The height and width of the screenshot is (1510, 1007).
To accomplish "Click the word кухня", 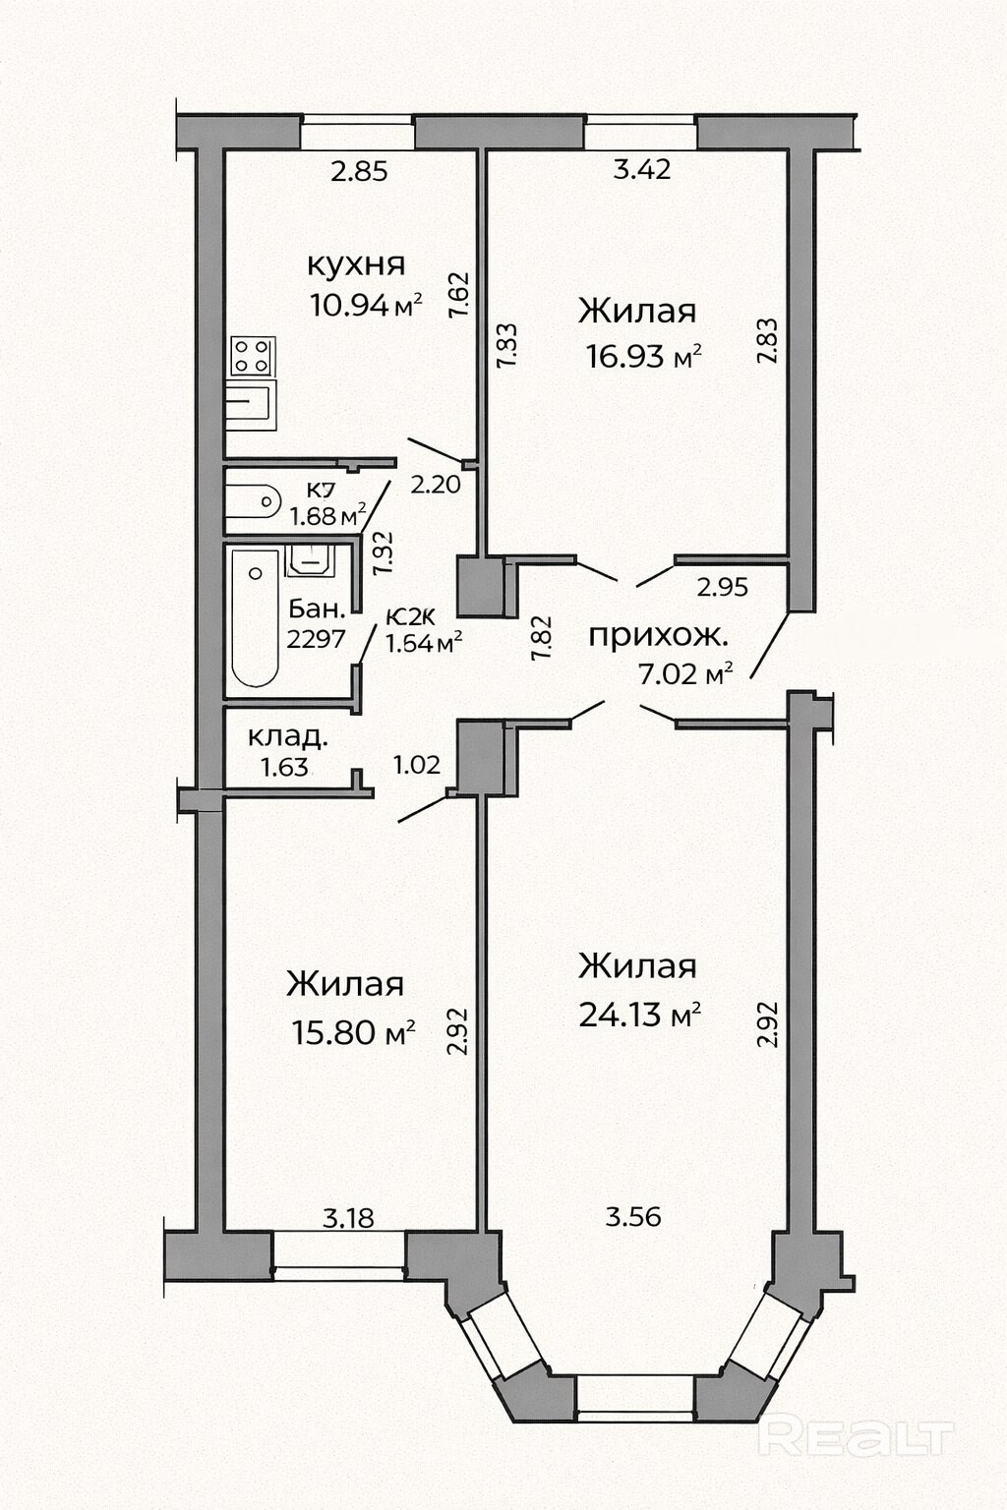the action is [x=356, y=264].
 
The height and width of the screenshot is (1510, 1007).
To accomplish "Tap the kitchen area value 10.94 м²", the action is [x=366, y=305].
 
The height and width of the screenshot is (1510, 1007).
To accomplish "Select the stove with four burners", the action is [x=253, y=356].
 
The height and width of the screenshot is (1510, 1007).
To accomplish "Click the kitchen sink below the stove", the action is [x=250, y=404].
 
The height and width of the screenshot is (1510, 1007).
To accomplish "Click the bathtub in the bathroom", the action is [x=255, y=617].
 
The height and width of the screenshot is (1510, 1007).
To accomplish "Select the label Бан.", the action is [x=317, y=610].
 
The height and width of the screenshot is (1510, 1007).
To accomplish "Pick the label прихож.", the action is [x=658, y=636].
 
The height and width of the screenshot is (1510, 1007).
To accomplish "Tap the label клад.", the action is [x=289, y=736].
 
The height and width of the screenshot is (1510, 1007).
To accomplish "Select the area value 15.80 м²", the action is [x=353, y=1032].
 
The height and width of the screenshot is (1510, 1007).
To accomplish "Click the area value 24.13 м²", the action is [x=640, y=1014].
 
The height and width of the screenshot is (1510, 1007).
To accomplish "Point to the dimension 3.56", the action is [x=633, y=1217].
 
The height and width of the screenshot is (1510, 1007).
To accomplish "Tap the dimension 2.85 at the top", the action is [x=360, y=171].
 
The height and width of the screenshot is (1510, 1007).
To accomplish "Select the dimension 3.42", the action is [x=642, y=169].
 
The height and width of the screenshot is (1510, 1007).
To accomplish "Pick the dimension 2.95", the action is [x=723, y=587].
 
